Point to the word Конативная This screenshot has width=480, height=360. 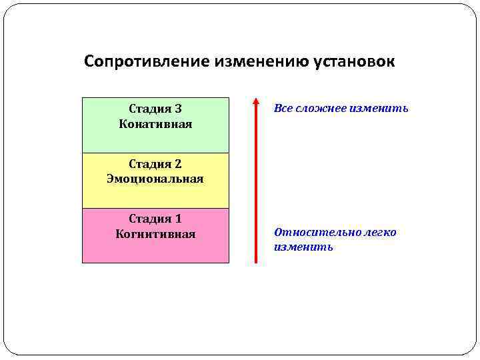coord(155,124)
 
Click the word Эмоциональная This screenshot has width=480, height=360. coord(155,179)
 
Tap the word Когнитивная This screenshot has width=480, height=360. coord(155,234)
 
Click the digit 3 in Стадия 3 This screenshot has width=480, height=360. coord(178,109)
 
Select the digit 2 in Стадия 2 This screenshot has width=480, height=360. coord(178,164)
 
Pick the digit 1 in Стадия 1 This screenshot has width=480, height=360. coord(178,219)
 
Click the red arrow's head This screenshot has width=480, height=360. coord(256,102)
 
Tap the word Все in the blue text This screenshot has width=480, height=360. coord(282,109)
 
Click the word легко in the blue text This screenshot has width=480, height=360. coord(381,233)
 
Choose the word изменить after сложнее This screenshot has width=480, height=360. coord(381,109)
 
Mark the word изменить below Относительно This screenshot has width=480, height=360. coord(303,247)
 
